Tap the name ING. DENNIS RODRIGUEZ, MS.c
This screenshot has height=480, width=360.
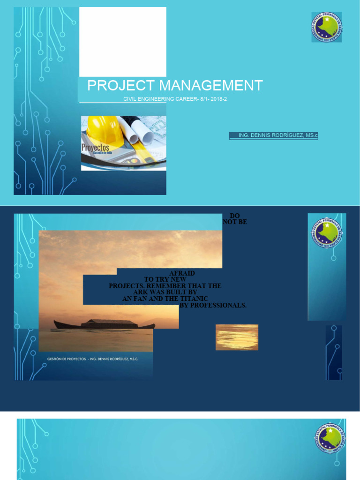[278, 135]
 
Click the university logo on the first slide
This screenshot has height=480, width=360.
[326, 27]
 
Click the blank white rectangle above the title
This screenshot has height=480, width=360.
[122, 42]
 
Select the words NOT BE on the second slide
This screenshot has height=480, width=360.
[235, 222]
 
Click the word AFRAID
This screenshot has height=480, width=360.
[185, 273]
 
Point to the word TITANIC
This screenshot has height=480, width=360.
[193, 299]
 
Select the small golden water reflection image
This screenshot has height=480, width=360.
[237, 337]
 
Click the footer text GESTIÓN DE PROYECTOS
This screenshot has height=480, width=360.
[67, 359]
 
